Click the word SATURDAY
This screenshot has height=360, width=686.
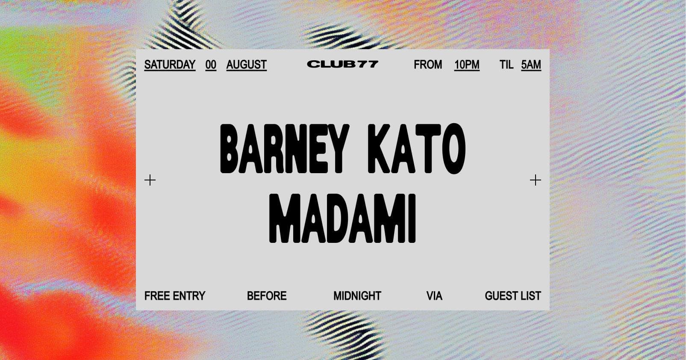pos(170,65)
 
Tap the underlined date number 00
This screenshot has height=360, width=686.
pos(211,65)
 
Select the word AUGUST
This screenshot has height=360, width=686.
pos(246,65)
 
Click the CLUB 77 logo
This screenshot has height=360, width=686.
pos(343,64)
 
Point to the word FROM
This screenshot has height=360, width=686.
pos(428,65)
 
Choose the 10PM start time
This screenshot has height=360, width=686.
pos(467,65)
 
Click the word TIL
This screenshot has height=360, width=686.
pos(506,65)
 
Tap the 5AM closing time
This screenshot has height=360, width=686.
pos(531,65)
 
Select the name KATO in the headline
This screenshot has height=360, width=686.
pos(416,149)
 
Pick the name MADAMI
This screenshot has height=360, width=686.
pos(342,218)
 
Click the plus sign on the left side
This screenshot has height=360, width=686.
pos(150,180)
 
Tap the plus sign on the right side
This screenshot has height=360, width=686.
pos(535,180)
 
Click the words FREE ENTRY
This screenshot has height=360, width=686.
pos(175,296)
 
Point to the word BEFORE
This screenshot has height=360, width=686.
pos(267,296)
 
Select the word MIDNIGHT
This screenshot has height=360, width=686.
pos(357,296)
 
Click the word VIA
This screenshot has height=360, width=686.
pos(434,296)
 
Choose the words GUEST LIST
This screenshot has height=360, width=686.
pos(513,296)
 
